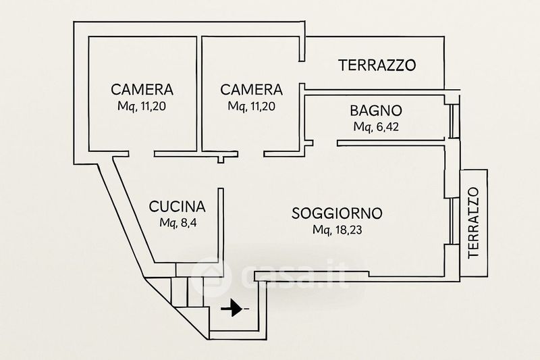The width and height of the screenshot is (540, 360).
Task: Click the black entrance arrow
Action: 232,308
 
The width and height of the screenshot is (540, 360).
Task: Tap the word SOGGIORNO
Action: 337,213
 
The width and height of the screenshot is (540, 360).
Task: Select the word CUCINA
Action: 177,207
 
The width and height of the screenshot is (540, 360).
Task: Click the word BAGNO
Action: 376,111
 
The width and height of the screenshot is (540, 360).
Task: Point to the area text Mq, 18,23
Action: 337,230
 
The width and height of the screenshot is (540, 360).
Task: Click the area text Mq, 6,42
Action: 376,127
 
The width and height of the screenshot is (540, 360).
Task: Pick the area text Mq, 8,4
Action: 178,223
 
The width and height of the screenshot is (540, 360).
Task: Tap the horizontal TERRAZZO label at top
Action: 377,65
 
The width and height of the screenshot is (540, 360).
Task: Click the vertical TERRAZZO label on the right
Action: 474,222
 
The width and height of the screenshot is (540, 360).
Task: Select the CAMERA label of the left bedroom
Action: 142,90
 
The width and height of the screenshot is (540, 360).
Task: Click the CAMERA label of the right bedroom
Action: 251,90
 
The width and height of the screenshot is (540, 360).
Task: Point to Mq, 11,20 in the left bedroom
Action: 142,106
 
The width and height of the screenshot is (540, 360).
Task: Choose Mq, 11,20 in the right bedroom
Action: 251,106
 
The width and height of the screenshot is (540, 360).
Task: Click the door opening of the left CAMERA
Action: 141,153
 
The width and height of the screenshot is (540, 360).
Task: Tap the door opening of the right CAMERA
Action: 250,153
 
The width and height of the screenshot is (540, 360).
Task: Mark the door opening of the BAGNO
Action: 325,143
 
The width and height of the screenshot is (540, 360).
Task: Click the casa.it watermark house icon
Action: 209,277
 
